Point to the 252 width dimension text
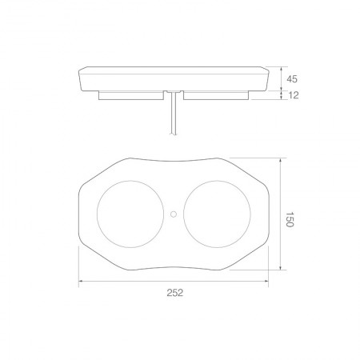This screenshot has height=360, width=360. (x=175, y=294)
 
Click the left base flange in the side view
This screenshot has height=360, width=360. (x=132, y=95)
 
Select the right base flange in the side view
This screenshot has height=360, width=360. (x=216, y=95)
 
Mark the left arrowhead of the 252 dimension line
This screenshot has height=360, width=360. (x=80, y=282)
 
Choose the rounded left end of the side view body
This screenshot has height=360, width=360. (x=81, y=78)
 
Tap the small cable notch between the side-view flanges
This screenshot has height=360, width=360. (x=174, y=94)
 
